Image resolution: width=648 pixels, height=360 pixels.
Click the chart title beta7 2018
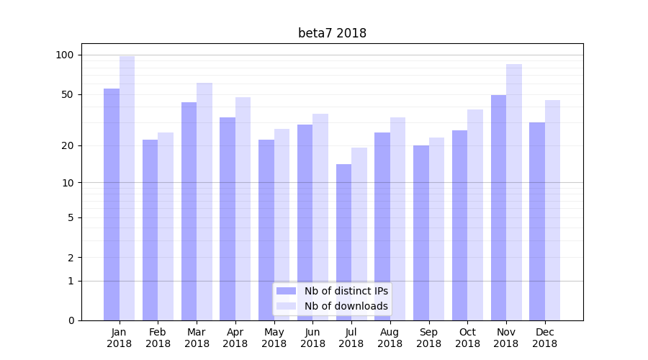click(x=332, y=33)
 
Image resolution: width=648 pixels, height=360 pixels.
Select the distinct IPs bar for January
click(x=112, y=204)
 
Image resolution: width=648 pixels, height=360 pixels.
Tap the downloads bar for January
click(x=127, y=188)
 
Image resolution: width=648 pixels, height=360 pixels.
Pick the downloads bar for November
click(x=514, y=192)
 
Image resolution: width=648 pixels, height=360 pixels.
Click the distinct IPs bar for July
click(x=343, y=242)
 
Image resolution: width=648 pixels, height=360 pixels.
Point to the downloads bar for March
click(x=204, y=202)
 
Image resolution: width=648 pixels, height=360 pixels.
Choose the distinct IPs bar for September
click(x=421, y=233)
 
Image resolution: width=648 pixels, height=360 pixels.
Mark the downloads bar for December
click(x=553, y=210)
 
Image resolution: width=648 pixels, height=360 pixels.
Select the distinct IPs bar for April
click(x=228, y=219)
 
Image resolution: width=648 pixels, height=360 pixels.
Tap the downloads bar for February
click(x=166, y=226)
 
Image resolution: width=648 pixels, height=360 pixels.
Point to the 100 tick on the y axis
click(x=65, y=55)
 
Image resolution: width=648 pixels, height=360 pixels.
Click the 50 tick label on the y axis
click(x=68, y=94)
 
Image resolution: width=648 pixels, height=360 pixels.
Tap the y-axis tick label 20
click(x=68, y=145)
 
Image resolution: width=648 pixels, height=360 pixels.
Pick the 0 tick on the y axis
click(x=71, y=320)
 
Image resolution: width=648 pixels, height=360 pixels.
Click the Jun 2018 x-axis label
click(x=312, y=338)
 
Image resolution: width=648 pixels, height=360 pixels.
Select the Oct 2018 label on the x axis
click(x=467, y=338)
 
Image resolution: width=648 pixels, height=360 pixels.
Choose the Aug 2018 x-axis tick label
click(x=390, y=338)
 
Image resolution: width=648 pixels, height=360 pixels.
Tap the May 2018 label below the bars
click(x=274, y=338)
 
